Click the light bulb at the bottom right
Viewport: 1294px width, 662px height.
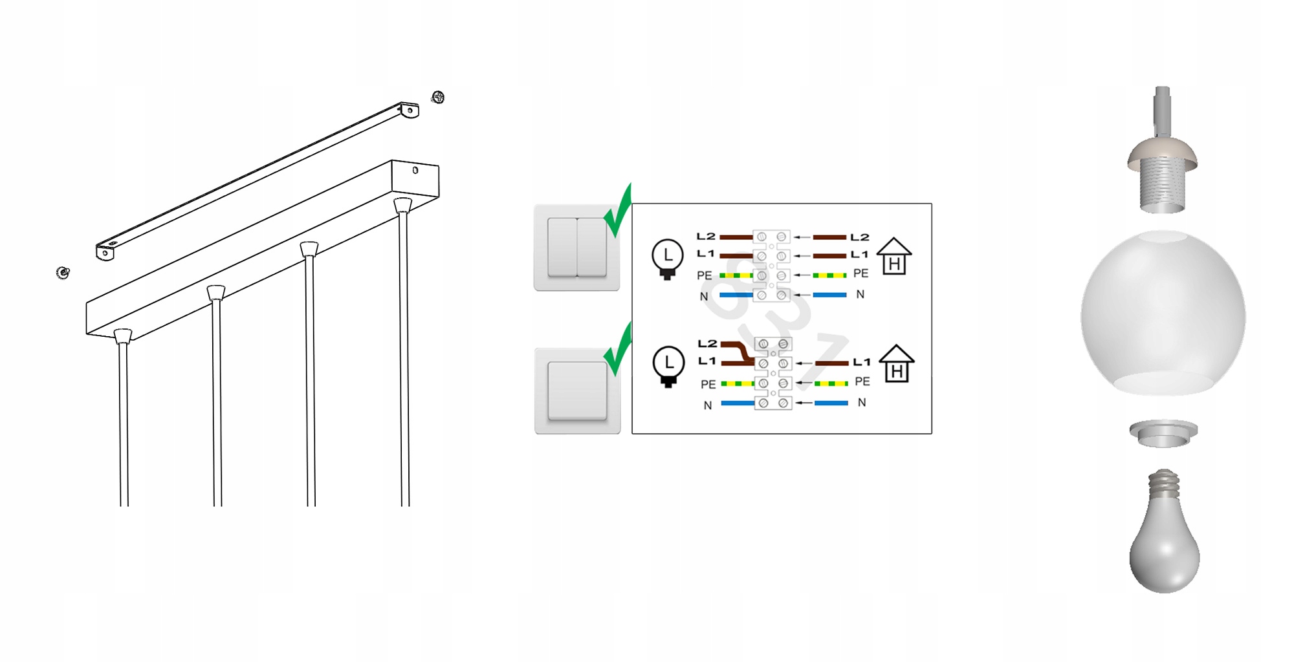click(1165, 531)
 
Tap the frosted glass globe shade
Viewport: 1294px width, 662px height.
click(1163, 313)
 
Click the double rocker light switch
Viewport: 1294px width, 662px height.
click(576, 248)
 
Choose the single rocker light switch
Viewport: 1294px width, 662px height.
click(577, 390)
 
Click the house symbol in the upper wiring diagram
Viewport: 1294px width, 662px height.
click(894, 256)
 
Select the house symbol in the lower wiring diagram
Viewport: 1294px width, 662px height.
click(897, 363)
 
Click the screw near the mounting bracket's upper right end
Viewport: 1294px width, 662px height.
click(438, 97)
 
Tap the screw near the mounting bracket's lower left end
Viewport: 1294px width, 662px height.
click(63, 273)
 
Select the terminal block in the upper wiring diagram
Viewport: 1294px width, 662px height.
click(772, 266)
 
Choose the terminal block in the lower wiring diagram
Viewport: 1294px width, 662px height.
click(773, 373)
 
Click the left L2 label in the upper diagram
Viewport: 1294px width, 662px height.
click(706, 237)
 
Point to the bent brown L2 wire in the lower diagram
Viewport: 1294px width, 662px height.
click(738, 353)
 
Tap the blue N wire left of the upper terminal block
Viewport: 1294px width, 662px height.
click(736, 295)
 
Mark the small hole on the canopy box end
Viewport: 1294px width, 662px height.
click(415, 171)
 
